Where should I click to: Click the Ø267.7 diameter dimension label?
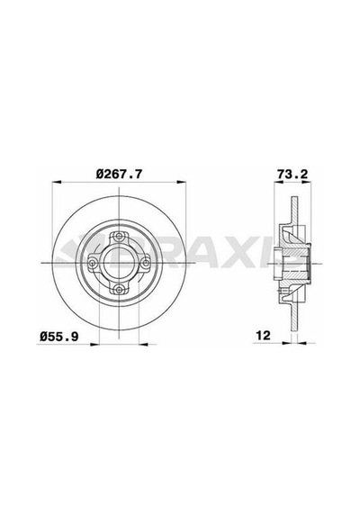[x=119, y=174]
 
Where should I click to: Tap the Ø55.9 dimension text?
[x=58, y=337]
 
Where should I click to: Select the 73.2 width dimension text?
[x=292, y=174]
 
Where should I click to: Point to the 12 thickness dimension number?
[x=264, y=336]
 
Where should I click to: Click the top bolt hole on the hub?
[x=119, y=236]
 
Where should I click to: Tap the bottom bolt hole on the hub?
[x=119, y=289]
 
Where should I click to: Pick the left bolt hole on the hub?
[x=93, y=263]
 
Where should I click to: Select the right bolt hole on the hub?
[x=145, y=262]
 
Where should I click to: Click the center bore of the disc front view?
[x=119, y=263]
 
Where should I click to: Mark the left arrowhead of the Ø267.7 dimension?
[x=57, y=181]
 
